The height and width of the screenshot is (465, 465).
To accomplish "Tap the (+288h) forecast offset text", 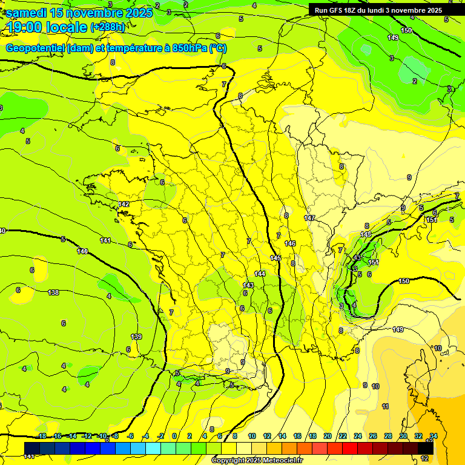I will (x=108, y=27).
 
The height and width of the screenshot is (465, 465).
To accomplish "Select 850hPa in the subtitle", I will (x=188, y=48).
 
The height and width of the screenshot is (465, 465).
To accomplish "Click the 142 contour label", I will (x=124, y=205).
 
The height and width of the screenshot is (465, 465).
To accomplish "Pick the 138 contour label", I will (x=53, y=292).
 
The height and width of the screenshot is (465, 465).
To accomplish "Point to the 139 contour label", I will (x=136, y=337).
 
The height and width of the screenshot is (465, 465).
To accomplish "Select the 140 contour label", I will (x=82, y=251).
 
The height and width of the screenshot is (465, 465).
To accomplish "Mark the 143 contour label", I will (x=248, y=285).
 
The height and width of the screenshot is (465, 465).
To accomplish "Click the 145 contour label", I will (x=275, y=258).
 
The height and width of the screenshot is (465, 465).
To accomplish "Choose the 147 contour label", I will (x=309, y=218).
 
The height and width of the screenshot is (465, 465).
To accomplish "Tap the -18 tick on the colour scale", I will (x=42, y=436).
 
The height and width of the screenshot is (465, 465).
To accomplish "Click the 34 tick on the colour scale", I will (x=433, y=436).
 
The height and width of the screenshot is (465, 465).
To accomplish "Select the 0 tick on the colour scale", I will (x=174, y=436).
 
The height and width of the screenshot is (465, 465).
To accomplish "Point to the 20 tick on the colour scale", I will (x=327, y=436).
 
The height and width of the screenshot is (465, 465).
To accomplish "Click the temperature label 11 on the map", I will (x=385, y=406).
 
